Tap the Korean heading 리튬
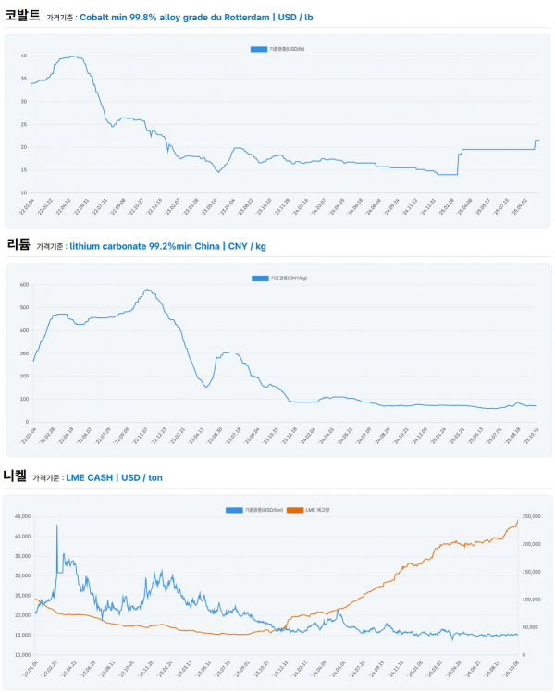point(18,244)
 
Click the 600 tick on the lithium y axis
point(23,284)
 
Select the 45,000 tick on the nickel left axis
point(20,516)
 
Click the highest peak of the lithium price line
point(148,290)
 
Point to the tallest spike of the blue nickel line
point(57,526)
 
